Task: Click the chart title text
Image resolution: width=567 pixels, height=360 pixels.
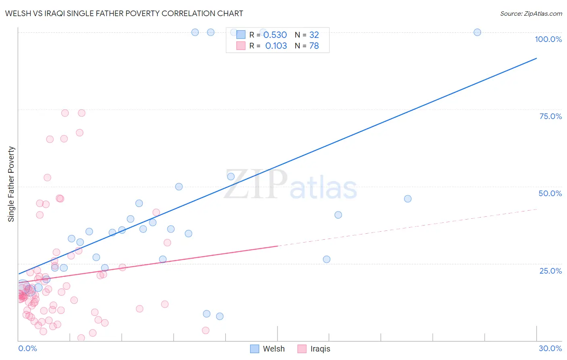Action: click(124, 13)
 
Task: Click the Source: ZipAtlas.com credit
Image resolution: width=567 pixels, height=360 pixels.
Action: click(531, 13)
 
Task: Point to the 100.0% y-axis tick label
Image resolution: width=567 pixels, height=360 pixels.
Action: click(548, 39)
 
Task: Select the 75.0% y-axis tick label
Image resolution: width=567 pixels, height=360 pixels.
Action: click(550, 116)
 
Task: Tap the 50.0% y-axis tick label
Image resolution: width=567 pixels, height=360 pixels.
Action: click(550, 193)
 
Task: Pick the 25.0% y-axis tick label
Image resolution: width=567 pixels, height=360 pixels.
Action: click(550, 271)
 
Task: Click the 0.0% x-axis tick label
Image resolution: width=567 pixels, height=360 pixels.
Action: click(27, 348)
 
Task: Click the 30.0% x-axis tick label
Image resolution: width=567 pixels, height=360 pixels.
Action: click(550, 348)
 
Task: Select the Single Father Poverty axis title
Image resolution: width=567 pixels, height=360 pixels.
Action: click(11, 184)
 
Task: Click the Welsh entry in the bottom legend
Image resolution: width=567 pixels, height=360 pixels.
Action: click(273, 349)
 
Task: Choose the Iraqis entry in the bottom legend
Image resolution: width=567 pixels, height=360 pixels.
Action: click(320, 349)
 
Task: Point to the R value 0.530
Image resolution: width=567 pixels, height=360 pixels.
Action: click(275, 35)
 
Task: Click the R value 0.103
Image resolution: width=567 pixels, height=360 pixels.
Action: click(276, 46)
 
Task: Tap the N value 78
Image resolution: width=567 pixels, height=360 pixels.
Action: click(314, 46)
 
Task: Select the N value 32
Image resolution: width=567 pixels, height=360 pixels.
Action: click(314, 35)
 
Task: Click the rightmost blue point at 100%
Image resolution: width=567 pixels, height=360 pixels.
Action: click(477, 32)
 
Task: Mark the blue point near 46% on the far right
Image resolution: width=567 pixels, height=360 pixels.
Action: click(408, 199)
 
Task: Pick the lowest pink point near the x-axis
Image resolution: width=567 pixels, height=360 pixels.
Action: click(81, 338)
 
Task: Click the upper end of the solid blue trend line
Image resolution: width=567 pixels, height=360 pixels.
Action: click(536, 59)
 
